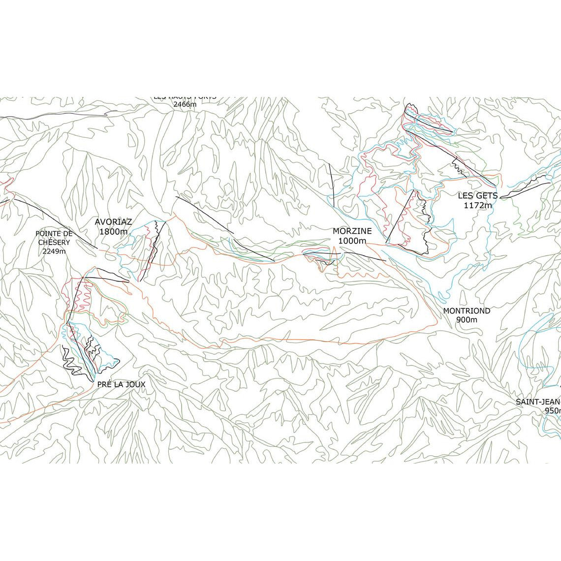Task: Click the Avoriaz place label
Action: pyautogui.click(x=113, y=222)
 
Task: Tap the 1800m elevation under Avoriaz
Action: pyautogui.click(x=113, y=231)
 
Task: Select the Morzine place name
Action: pyautogui.click(x=352, y=231)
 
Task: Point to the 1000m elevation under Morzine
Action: pyautogui.click(x=352, y=241)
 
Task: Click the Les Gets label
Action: pyautogui.click(x=478, y=195)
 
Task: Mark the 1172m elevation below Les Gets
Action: pyautogui.click(x=478, y=205)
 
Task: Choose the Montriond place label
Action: pyautogui.click(x=467, y=311)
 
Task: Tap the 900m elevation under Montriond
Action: pyautogui.click(x=467, y=320)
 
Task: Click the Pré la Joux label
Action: pyautogui.click(x=122, y=384)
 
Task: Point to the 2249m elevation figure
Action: pyautogui.click(x=54, y=251)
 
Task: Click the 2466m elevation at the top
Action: pyautogui.click(x=185, y=104)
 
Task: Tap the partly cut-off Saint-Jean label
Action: pyautogui.click(x=538, y=402)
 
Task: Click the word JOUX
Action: pyautogui.click(x=135, y=384)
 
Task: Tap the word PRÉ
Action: pyautogui.click(x=104, y=384)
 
